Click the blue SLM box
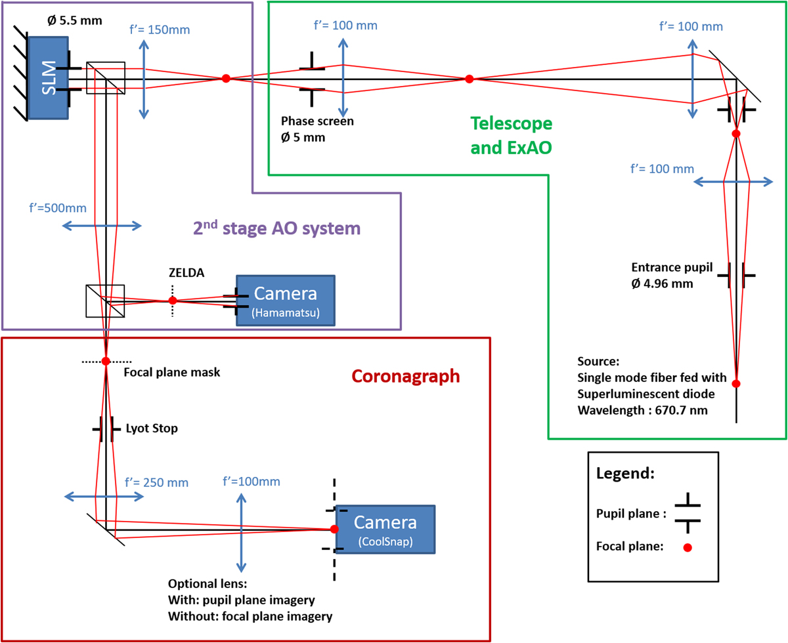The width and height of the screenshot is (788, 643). coord(47,78)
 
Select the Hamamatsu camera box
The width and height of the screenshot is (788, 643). coord(285,299)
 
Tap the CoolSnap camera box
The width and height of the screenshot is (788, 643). coord(385,528)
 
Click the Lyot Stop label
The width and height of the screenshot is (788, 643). coord(151,428)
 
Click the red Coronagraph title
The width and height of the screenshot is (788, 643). coord(405,376)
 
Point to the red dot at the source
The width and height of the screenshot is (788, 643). coord(736,384)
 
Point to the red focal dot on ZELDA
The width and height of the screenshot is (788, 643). coord(173,301)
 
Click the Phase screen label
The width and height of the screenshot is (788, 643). coord(317,121)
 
